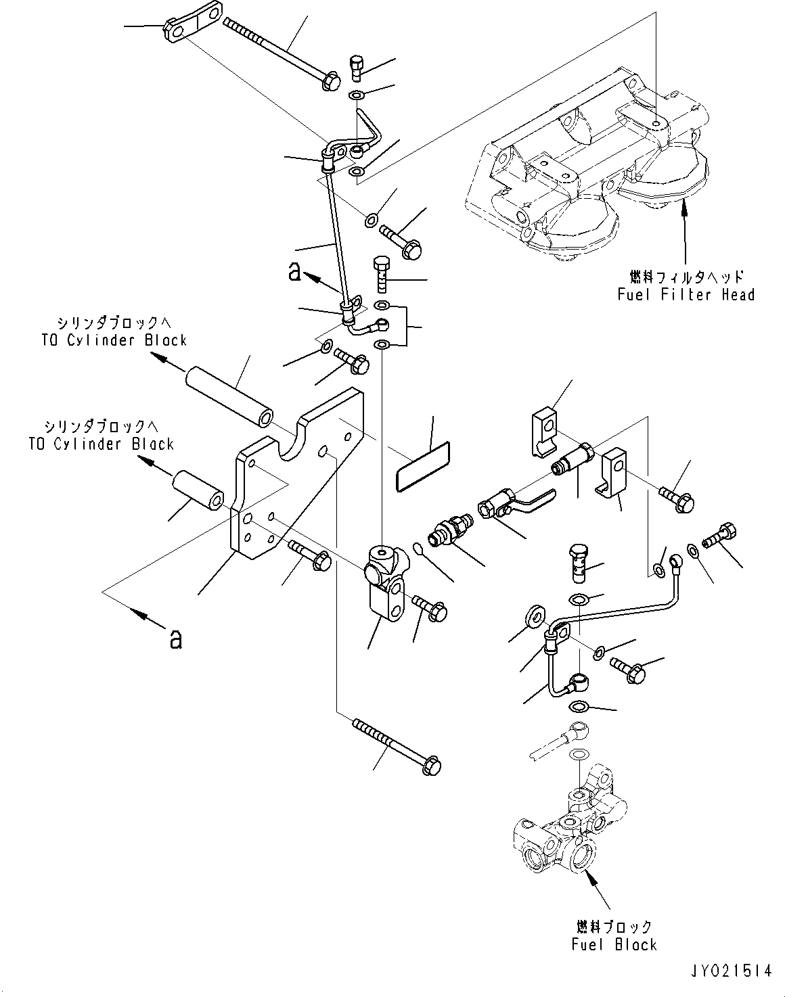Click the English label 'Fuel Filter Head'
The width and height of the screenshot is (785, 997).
[x=686, y=295]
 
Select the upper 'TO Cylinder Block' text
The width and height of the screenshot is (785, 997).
[x=114, y=340]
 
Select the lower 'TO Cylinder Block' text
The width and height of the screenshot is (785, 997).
[x=101, y=444]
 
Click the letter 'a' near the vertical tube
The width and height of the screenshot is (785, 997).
[x=294, y=271]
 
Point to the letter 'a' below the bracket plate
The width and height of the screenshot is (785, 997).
[x=176, y=640]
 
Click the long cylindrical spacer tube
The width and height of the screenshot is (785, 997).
[x=229, y=396]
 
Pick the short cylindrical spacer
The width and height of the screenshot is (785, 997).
[x=198, y=490]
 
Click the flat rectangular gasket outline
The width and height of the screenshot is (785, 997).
[x=423, y=467]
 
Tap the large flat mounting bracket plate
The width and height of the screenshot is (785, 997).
[x=297, y=473]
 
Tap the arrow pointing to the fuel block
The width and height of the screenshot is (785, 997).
[x=598, y=885]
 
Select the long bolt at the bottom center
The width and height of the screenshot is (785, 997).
[x=397, y=747]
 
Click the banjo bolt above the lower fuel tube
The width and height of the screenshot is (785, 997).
[x=578, y=563]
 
